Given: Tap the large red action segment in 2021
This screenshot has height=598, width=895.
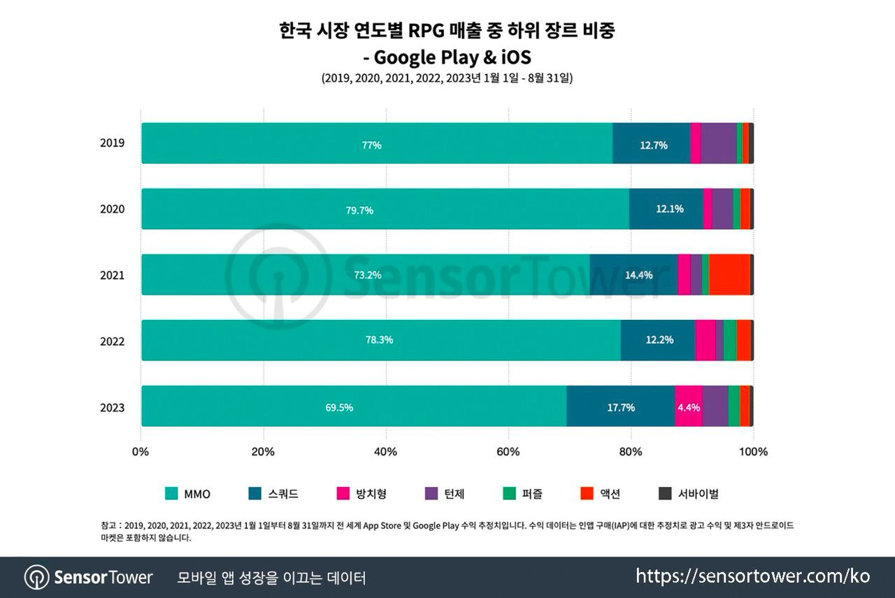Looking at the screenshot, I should tap(729, 275).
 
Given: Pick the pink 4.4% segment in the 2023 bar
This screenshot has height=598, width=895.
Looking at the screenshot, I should tap(688, 407).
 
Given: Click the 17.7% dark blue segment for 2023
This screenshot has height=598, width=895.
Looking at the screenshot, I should tap(620, 407).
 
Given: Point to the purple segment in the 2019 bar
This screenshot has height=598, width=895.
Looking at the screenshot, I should tap(718, 144).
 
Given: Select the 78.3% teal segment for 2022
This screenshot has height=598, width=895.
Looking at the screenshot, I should tap(380, 340).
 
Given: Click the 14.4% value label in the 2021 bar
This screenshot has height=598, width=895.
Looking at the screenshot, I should tap(638, 275).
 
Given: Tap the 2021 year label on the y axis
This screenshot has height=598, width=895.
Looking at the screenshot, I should tap(112, 275).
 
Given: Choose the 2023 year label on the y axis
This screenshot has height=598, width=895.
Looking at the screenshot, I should tap(112, 407).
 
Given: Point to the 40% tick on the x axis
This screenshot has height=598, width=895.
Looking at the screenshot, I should tap(386, 452).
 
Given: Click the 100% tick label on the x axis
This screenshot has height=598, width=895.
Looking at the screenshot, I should tap(753, 452).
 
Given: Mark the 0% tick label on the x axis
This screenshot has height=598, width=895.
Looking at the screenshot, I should tap(141, 452).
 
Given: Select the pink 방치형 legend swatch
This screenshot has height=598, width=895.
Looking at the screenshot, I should tap(343, 494).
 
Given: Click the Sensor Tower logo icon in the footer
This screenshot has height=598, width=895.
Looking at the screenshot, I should tap(36, 578).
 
